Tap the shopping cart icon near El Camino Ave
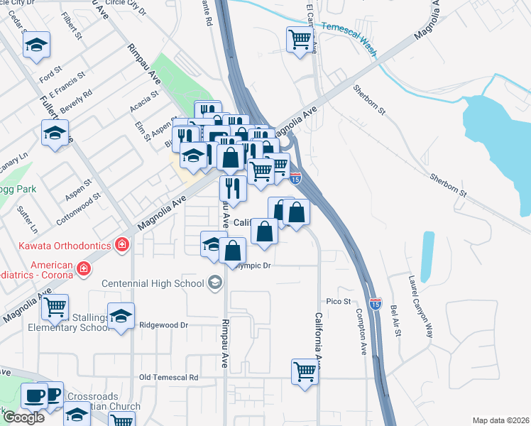300,39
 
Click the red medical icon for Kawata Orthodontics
122,245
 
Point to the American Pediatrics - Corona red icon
84,268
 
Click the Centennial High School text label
153,284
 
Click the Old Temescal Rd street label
169,377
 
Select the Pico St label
339,302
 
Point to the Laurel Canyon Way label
420,297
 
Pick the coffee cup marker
34,395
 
